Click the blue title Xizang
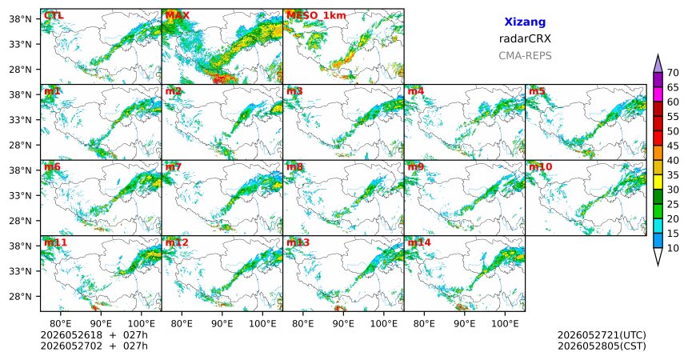[x=525, y=22]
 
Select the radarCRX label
[x=525, y=38]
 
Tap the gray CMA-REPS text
[x=525, y=56]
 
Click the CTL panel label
[x=54, y=16]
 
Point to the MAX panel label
[x=178, y=16]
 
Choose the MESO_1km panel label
[x=316, y=16]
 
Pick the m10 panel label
[x=540, y=167]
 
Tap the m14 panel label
[x=419, y=242]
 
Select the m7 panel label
[x=174, y=167]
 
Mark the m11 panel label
[x=55, y=242]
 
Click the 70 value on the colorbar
[x=673, y=73]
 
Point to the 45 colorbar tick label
[x=673, y=146]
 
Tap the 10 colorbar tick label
[x=673, y=248]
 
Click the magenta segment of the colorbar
[x=658, y=94]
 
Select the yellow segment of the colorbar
[x=658, y=182]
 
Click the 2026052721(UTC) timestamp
[x=602, y=335]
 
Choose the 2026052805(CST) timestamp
[x=602, y=346]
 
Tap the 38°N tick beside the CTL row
[x=20, y=19]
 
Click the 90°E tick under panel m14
[x=465, y=324]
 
